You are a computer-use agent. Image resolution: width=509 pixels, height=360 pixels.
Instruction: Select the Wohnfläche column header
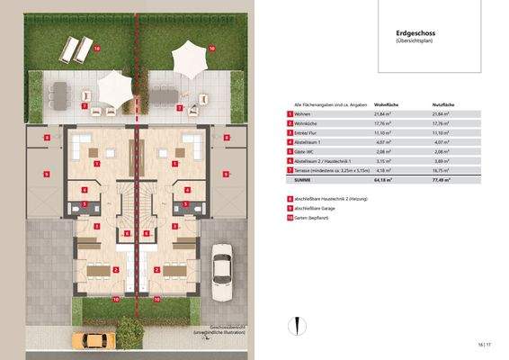point(386,104)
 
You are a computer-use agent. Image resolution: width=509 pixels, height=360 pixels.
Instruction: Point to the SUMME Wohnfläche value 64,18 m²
point(386,180)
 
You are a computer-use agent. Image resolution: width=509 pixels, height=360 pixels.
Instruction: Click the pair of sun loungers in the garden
point(75,46)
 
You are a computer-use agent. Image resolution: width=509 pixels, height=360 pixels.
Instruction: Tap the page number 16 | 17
point(486,344)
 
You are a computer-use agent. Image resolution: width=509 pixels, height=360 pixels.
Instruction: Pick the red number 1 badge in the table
point(290,115)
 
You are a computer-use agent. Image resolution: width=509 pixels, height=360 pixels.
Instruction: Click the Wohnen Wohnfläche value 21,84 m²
point(386,115)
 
